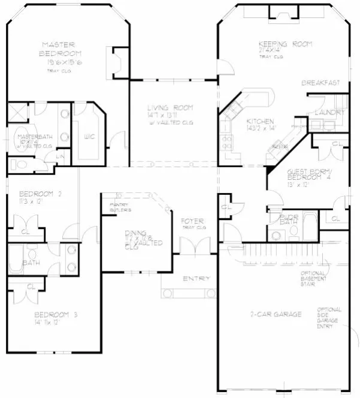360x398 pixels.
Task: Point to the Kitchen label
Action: coord(260,120)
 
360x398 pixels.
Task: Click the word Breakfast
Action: coord(320,83)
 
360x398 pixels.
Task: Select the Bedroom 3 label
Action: coord(56,315)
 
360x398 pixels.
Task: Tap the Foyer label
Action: coord(193,221)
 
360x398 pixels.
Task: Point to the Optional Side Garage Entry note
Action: coord(329,318)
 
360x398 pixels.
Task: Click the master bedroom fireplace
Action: coord(117,61)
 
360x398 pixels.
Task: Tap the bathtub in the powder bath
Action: coord(311,227)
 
